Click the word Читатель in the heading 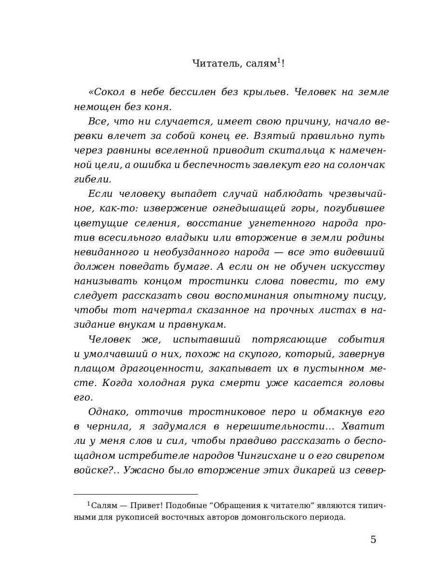click(x=212, y=63)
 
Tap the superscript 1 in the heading click(x=279, y=60)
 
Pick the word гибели click(x=93, y=179)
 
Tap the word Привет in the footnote click(x=138, y=506)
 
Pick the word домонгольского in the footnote click(x=257, y=517)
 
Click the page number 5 click(x=373, y=539)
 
